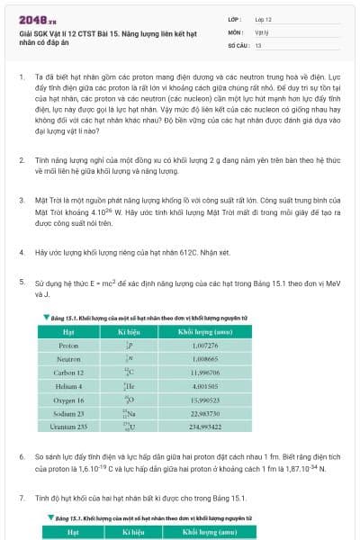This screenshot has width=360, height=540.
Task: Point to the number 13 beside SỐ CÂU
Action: click(258, 44)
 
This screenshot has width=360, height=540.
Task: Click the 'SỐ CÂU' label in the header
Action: click(238, 44)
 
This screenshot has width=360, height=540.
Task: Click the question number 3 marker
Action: click(22, 199)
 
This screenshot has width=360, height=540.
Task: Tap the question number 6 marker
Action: click(22, 457)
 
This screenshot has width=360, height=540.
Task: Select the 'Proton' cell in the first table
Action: click(68, 345)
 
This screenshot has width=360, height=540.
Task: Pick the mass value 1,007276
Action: click(205, 345)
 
